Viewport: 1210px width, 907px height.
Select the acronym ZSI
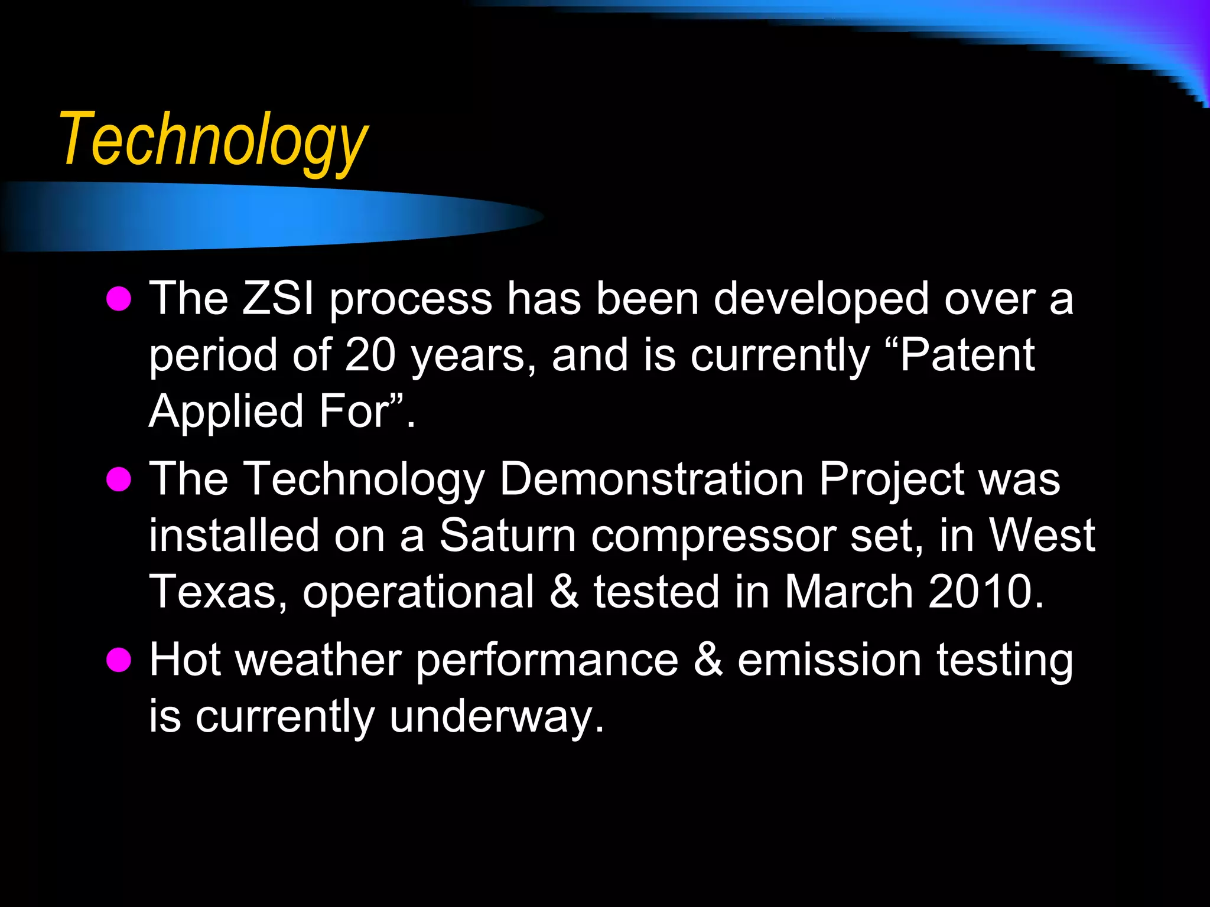(278, 299)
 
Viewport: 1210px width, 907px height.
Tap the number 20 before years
(370, 355)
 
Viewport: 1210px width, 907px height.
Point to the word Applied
(226, 412)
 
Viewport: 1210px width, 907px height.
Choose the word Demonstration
(651, 478)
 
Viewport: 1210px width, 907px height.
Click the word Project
(892, 479)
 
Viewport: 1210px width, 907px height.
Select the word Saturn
(508, 536)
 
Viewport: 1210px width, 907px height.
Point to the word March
(849, 592)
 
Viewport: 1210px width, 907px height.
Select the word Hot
(185, 659)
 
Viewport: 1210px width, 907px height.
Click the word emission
(830, 659)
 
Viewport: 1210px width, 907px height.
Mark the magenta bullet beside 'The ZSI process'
(119, 299)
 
